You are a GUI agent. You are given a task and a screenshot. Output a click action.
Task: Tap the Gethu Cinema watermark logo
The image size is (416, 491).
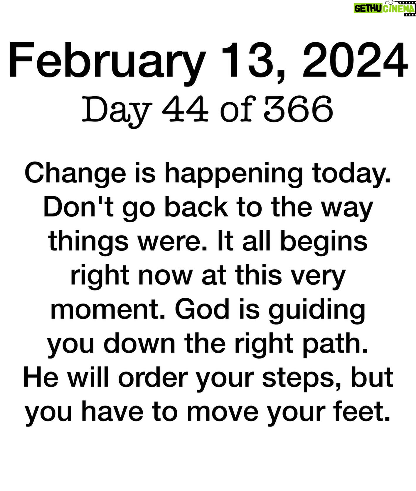pos(385,8)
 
